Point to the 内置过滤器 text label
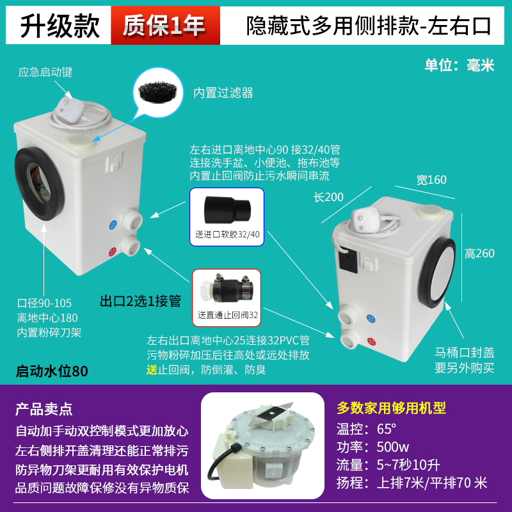click(x=223, y=93)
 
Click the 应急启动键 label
click(x=45, y=72)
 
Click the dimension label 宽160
click(x=431, y=180)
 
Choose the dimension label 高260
click(x=479, y=253)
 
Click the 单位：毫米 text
click(x=460, y=65)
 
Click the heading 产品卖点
click(x=44, y=408)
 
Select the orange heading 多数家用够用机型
click(x=391, y=408)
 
